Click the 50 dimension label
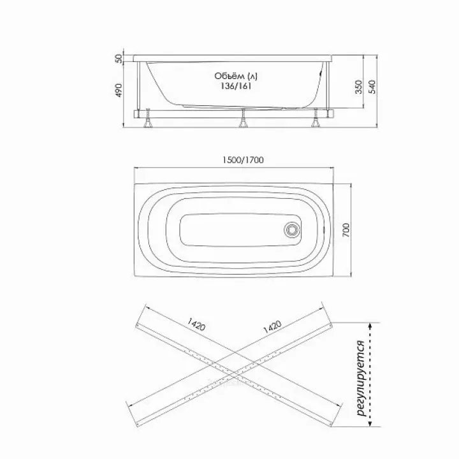119,59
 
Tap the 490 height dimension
119,90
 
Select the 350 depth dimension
358,87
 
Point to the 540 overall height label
372,87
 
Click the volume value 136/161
237,86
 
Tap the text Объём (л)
236,76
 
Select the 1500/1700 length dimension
243,160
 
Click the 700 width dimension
346,229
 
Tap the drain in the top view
292,229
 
